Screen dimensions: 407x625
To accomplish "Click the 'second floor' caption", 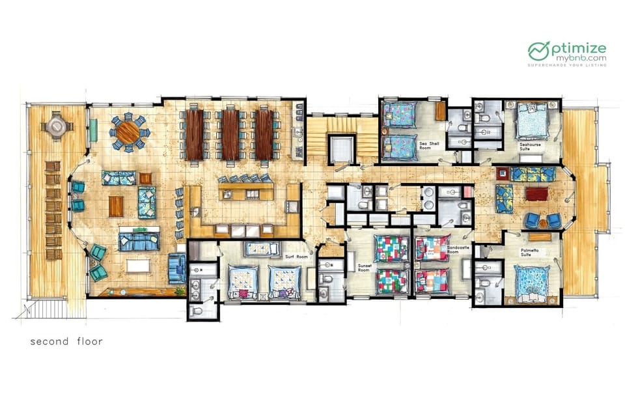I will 66,341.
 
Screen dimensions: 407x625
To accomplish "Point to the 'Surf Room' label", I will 296,257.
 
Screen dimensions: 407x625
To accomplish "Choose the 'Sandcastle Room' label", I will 452,250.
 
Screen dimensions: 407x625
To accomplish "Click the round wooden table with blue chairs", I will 129,132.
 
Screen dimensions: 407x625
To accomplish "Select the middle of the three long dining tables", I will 230,134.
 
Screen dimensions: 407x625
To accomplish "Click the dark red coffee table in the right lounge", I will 537,194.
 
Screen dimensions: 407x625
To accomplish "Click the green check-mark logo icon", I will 539,51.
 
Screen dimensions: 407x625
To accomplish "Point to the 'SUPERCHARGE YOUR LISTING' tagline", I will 566,64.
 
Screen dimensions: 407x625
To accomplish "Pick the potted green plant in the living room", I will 180,291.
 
